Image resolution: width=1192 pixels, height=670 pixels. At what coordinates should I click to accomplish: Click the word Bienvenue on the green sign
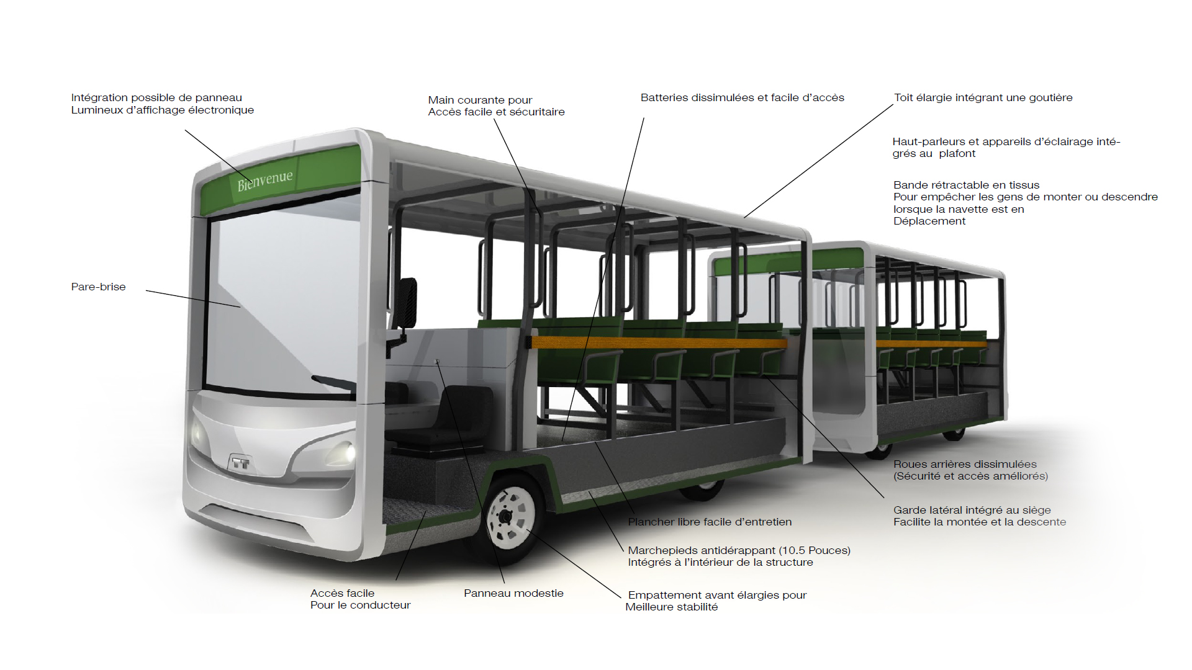point(265,181)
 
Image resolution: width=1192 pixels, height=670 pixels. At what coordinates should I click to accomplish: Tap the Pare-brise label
point(98,287)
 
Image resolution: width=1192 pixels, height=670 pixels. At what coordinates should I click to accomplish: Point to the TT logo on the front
point(240,463)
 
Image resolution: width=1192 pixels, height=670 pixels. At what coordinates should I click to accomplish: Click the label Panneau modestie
point(513,593)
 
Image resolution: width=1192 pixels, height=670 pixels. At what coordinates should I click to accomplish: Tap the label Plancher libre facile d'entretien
point(710,522)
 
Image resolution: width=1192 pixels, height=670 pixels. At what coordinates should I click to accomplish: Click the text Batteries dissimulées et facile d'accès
point(742,97)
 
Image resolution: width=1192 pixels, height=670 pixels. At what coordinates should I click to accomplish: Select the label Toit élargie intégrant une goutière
point(983,97)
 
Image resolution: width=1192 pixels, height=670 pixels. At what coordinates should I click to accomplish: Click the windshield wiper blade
point(333,383)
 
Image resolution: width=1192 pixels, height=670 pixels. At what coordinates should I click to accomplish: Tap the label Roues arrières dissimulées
point(965,464)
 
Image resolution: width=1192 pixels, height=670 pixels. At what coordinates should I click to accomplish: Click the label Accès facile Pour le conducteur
point(360,599)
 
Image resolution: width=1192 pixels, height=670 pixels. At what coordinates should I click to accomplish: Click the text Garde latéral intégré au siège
point(972,510)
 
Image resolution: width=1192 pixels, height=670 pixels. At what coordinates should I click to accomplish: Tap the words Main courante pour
point(480,100)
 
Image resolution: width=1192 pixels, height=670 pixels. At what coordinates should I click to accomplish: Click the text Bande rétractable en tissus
point(966,185)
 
